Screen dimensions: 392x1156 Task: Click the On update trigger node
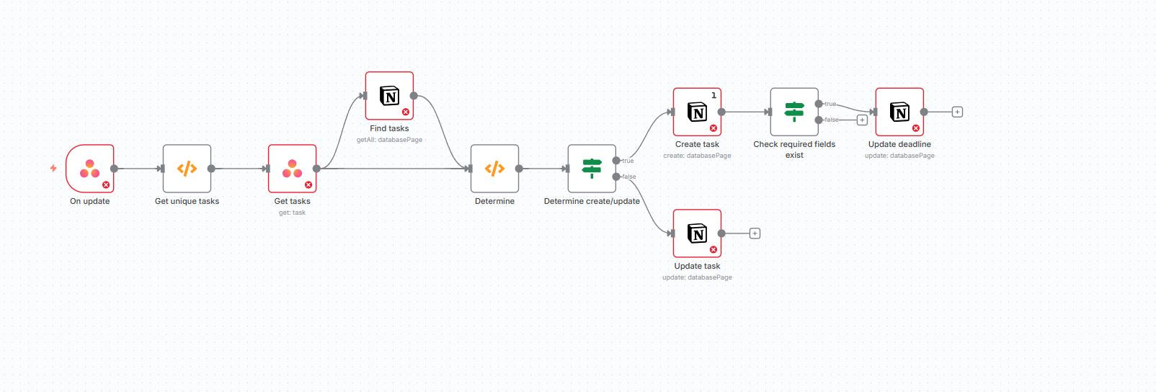coord(89,169)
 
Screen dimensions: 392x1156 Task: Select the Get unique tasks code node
coord(187,169)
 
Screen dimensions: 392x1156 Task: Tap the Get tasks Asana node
coord(292,169)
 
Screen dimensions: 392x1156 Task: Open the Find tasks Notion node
coord(389,96)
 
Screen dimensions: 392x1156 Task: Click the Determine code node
coord(494,169)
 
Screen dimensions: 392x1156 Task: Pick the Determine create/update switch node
coord(592,169)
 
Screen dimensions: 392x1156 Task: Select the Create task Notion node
coord(697,112)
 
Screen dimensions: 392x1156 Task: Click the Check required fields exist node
coord(794,112)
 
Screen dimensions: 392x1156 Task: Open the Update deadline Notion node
coord(899,112)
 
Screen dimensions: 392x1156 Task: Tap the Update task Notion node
coord(697,233)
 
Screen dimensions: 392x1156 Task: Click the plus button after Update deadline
coord(957,112)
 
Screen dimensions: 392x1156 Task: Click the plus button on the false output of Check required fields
coord(862,120)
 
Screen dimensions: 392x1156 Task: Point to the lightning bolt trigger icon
coord(53,168)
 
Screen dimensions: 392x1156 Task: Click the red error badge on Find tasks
coord(406,112)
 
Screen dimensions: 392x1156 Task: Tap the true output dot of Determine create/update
coord(616,161)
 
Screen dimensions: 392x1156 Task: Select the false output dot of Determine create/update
coord(616,177)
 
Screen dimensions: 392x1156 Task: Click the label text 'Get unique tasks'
coord(187,201)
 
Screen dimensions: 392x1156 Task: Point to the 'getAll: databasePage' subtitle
coord(389,140)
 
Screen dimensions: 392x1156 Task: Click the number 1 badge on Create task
coord(713,95)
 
